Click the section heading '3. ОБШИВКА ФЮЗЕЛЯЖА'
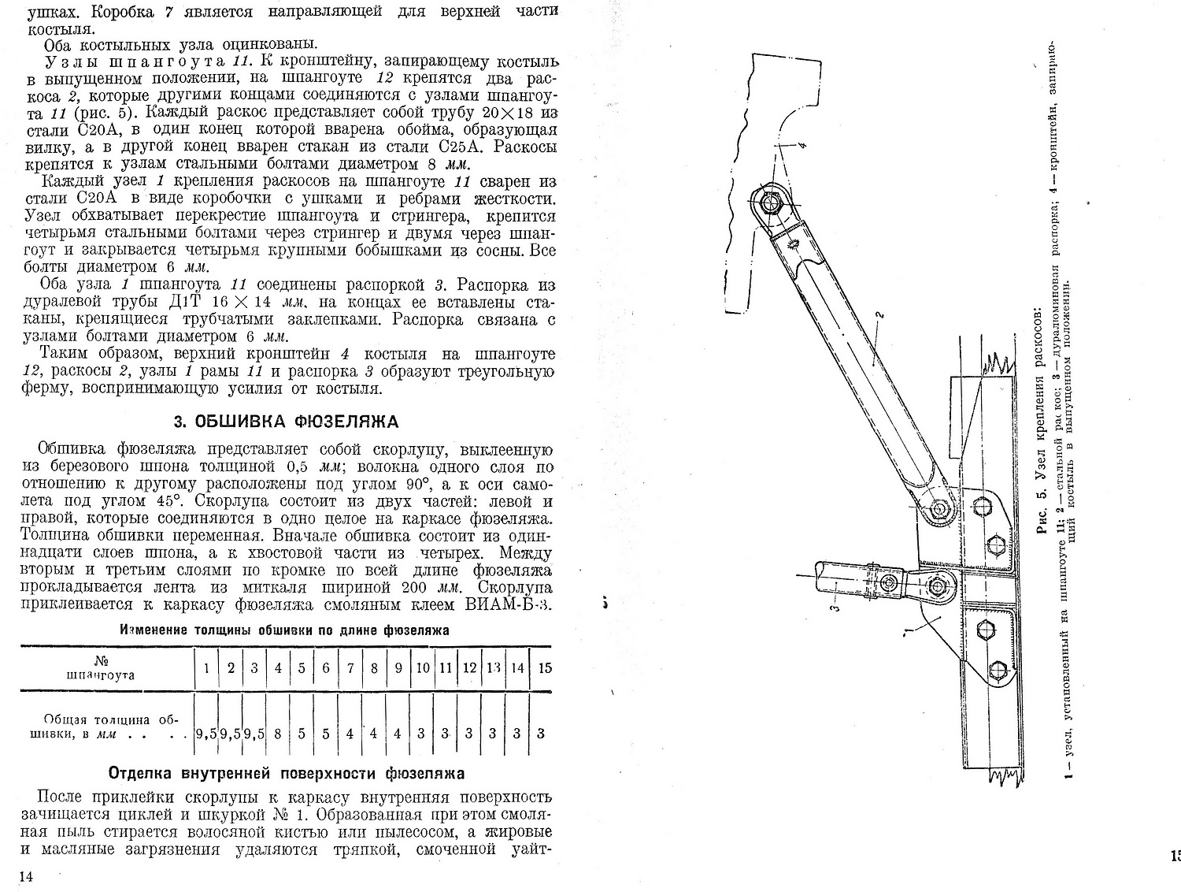pyautogui.click(x=286, y=422)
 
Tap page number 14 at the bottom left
pyautogui.click(x=28, y=877)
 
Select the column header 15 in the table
pyautogui.click(x=544, y=667)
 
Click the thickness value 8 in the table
pyautogui.click(x=278, y=733)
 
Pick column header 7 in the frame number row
pyautogui.click(x=350, y=667)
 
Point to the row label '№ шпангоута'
pyautogui.click(x=101, y=667)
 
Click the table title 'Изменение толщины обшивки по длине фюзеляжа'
pyautogui.click(x=284, y=630)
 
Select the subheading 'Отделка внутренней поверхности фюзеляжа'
pyautogui.click(x=286, y=773)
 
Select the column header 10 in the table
pyautogui.click(x=422, y=667)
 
